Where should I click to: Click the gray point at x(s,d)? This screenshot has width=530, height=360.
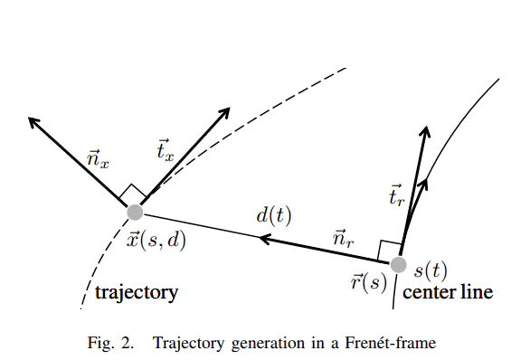135,212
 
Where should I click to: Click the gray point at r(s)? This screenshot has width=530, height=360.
398,265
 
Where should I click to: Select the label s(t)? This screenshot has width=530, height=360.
431,269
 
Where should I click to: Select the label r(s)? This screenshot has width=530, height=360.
369,280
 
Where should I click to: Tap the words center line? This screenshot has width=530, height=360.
448,293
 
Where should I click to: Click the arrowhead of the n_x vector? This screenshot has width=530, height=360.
33,120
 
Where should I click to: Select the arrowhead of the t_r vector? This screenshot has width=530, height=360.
424,129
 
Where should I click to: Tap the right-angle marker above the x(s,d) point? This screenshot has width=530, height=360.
132,194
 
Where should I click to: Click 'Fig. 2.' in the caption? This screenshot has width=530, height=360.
113,343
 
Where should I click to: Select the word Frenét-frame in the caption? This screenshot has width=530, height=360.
390,343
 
